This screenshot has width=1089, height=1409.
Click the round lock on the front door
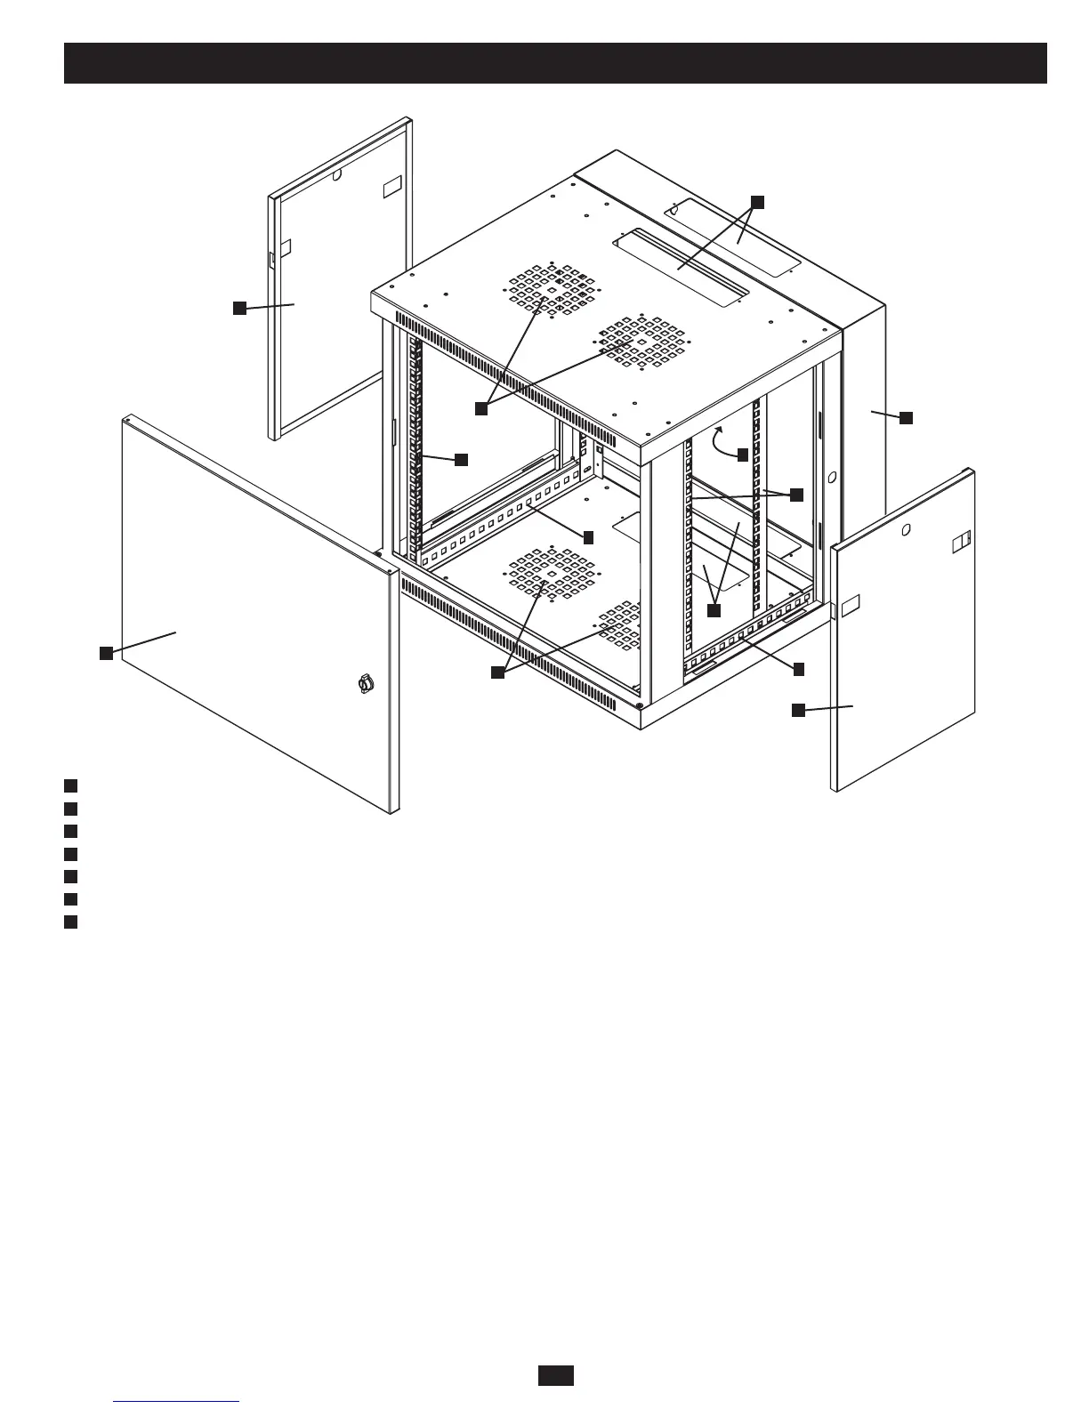[x=363, y=684]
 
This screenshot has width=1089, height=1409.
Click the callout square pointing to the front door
[x=105, y=653]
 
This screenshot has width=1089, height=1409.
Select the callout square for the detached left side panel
[x=238, y=308]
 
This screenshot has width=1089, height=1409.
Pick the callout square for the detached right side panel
[x=798, y=709]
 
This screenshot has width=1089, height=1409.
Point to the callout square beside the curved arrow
[x=743, y=455]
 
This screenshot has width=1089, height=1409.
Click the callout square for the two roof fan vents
[x=480, y=408]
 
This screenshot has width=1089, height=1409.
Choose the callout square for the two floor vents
[x=497, y=673]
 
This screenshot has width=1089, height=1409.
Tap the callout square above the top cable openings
[x=756, y=202]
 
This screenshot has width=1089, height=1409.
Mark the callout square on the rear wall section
[x=906, y=417]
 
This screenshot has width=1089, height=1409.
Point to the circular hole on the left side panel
[x=336, y=176]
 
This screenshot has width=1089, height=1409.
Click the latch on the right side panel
[x=961, y=541]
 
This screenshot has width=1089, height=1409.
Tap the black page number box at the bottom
[x=555, y=1374]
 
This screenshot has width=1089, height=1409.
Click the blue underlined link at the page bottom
[x=177, y=1401]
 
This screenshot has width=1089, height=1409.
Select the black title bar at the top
[x=555, y=62]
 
